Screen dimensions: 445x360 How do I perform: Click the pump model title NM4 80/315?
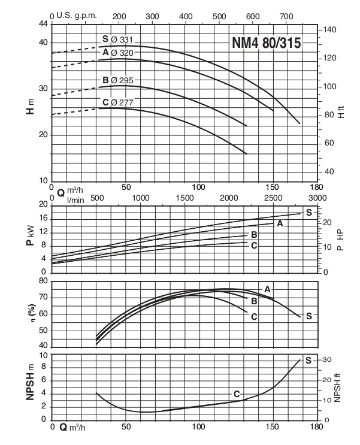(x=266, y=43)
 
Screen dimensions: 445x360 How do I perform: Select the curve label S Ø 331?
(x=117, y=40)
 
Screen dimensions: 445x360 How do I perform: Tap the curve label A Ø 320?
(x=117, y=53)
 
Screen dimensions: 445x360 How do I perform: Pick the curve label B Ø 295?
(x=117, y=80)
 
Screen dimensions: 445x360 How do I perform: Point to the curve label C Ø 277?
(x=117, y=102)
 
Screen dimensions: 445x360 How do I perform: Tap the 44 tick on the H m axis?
(x=43, y=24)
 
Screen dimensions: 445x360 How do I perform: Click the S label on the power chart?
(x=309, y=213)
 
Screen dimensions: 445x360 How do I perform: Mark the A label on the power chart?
(x=279, y=223)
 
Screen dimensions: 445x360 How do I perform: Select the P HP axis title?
(x=339, y=238)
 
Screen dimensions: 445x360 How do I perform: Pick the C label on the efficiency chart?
(x=253, y=317)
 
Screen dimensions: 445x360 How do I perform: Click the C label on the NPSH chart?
(x=237, y=393)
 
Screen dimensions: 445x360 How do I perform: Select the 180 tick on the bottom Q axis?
(x=316, y=428)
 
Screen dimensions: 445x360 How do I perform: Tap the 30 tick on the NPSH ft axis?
(x=326, y=359)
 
